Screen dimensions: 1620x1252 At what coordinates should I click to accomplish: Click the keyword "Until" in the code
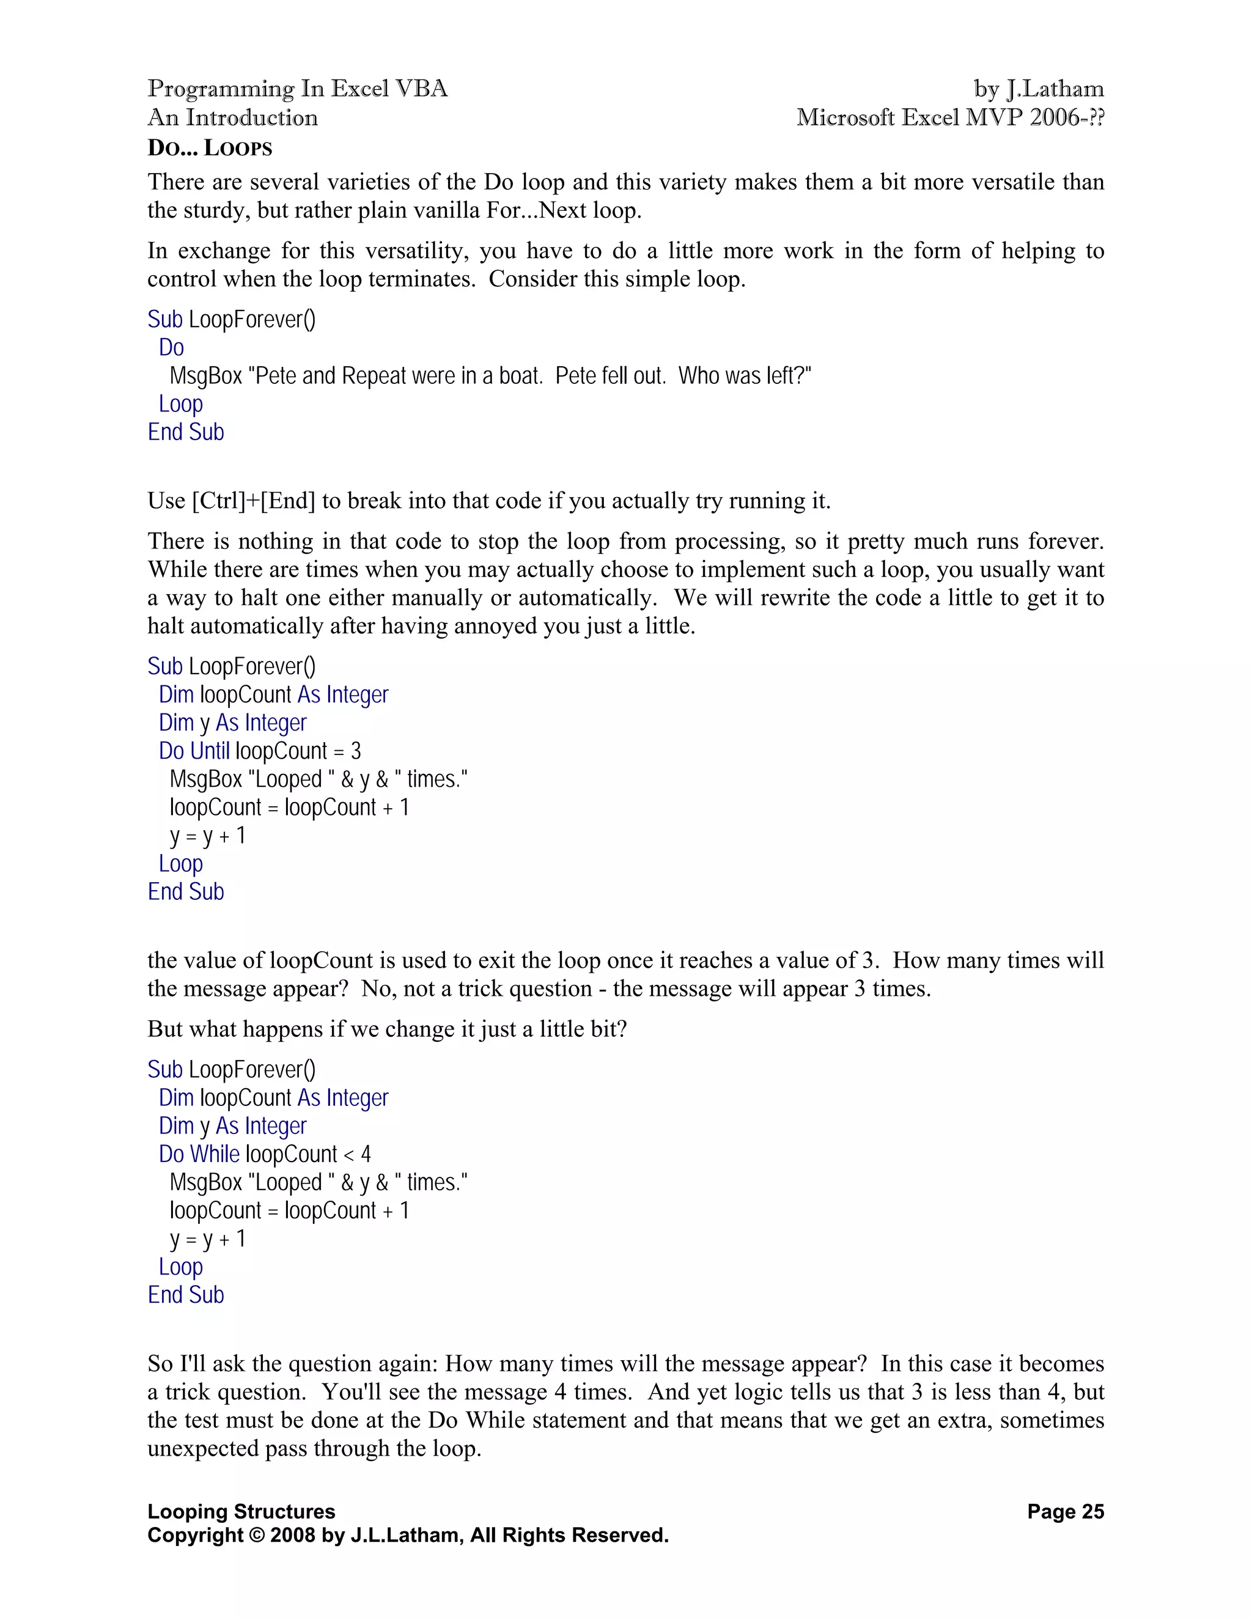point(210,751)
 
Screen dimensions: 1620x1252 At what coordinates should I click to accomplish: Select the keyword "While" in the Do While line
point(215,1154)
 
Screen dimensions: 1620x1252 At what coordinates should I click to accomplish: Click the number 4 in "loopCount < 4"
point(366,1154)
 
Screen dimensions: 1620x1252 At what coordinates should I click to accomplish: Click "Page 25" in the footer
point(1065,1512)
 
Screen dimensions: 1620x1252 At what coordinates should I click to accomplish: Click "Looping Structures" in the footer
point(241,1512)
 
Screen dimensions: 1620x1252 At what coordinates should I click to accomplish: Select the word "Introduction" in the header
point(251,117)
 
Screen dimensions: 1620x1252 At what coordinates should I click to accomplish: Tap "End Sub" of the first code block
point(185,432)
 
